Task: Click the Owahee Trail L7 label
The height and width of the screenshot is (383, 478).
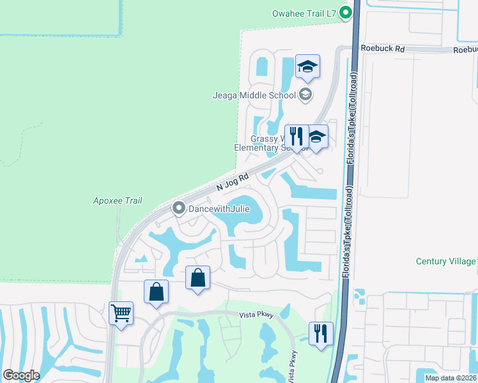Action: [x=304, y=12]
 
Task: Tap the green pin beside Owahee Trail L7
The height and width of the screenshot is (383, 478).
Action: [x=346, y=12]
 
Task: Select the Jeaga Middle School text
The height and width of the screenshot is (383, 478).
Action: [x=254, y=95]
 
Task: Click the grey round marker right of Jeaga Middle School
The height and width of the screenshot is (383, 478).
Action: [x=305, y=95]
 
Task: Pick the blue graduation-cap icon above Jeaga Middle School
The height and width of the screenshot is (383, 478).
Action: [x=307, y=67]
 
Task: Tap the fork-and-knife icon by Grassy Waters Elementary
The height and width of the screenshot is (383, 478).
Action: [x=296, y=136]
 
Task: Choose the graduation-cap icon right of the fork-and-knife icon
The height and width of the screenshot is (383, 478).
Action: [x=316, y=137]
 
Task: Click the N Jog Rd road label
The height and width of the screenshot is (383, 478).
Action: [x=232, y=183]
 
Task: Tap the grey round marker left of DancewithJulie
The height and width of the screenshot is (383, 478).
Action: [x=179, y=208]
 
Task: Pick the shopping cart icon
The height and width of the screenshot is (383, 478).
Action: [x=121, y=313]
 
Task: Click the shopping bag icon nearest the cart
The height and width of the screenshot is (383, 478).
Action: [x=156, y=292]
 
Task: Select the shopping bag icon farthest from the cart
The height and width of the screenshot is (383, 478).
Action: [x=198, y=278]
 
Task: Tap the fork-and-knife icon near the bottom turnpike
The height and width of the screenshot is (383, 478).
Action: [x=321, y=333]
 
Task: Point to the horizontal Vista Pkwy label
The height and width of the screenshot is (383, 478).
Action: [x=256, y=315]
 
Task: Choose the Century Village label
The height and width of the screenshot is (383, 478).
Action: [x=445, y=261]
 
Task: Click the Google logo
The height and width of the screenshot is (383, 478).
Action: [x=21, y=375]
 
